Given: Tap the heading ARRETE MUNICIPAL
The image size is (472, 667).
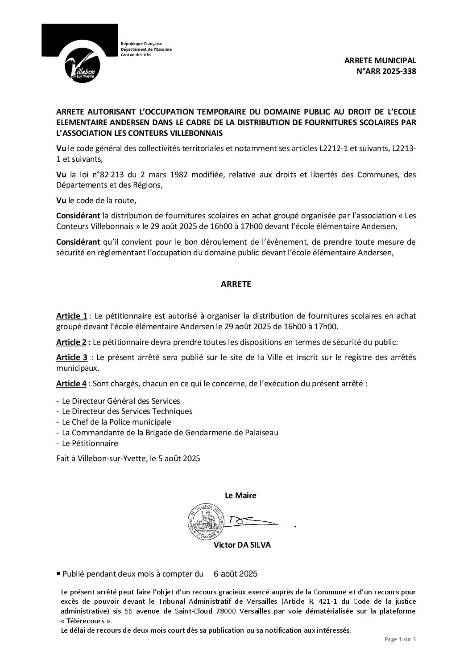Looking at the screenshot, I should [380, 61].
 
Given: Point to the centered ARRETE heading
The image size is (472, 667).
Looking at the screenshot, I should [236, 284].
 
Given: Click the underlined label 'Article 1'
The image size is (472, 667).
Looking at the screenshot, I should [71, 316].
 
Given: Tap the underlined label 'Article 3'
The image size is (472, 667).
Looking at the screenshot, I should [71, 358].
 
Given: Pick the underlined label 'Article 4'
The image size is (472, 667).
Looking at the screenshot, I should [71, 384].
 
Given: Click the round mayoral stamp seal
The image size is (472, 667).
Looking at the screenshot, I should [205, 520].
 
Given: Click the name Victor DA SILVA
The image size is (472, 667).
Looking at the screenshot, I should [236, 545].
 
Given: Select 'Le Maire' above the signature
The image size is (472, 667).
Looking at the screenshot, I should [240, 495].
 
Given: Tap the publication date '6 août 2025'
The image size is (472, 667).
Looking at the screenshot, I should [236, 574].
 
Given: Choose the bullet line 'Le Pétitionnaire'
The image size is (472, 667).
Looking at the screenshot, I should [90, 443].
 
